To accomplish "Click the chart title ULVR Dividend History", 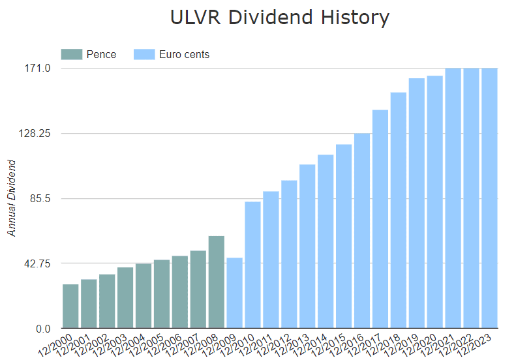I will coord(279,18).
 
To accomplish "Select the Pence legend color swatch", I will coord(71,54).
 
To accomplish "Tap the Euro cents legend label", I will coord(184,54).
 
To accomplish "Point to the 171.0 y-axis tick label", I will coord(37,68).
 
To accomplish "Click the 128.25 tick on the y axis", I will coord(33,133).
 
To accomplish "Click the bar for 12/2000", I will coord(70,306).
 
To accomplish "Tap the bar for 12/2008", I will coord(217,282).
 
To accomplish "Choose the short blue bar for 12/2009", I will coord(235,293).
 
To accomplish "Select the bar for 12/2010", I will coord(253,265).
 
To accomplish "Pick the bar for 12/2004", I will coord(144,295).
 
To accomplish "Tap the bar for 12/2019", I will coord(417,203).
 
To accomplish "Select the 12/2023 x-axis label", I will coord(481,342).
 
